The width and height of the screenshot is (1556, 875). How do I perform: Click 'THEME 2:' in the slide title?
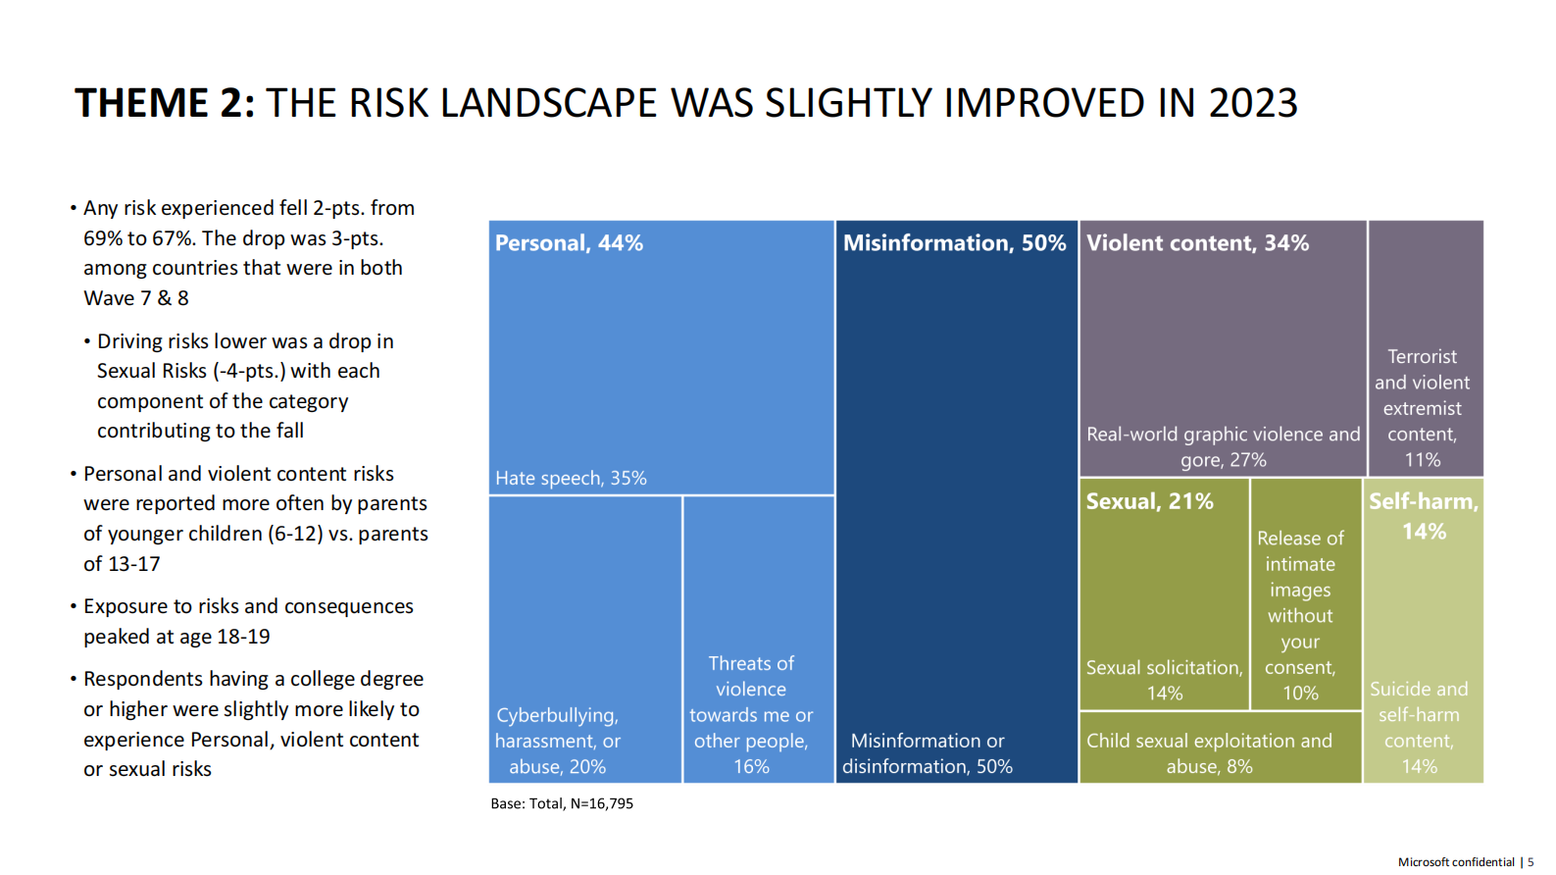tap(165, 103)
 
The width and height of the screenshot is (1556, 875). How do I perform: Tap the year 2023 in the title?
tap(1252, 103)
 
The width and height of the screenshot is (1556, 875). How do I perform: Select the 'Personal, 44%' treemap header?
tap(569, 243)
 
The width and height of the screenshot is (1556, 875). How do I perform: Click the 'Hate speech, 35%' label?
tap(571, 478)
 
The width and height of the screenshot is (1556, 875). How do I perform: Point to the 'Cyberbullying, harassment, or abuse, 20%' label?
tap(557, 741)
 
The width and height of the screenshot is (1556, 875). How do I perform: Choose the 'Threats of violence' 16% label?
tap(751, 715)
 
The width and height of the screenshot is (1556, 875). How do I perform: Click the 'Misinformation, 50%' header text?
tap(954, 243)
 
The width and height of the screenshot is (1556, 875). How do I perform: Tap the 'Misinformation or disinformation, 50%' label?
tap(927, 753)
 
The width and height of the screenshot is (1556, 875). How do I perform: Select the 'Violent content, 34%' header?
tap(1197, 243)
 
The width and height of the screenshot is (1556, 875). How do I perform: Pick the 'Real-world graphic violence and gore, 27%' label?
tap(1223, 446)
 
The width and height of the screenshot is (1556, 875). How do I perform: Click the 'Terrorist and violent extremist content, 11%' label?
tap(1422, 408)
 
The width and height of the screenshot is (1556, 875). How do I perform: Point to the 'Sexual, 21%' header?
tap(1149, 501)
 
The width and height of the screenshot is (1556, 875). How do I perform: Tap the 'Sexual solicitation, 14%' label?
tap(1164, 680)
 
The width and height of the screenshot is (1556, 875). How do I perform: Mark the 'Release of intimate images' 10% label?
tap(1300, 615)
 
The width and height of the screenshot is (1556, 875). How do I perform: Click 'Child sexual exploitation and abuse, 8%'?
tap(1209, 753)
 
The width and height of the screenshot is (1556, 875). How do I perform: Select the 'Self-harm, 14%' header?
tap(1424, 516)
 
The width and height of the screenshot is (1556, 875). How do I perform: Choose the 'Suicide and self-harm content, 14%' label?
tap(1419, 727)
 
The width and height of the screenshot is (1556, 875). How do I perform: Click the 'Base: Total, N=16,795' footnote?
tap(562, 803)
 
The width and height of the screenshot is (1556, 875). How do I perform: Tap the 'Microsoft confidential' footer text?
tap(1456, 862)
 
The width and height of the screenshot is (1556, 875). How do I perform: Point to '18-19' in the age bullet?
tap(243, 637)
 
